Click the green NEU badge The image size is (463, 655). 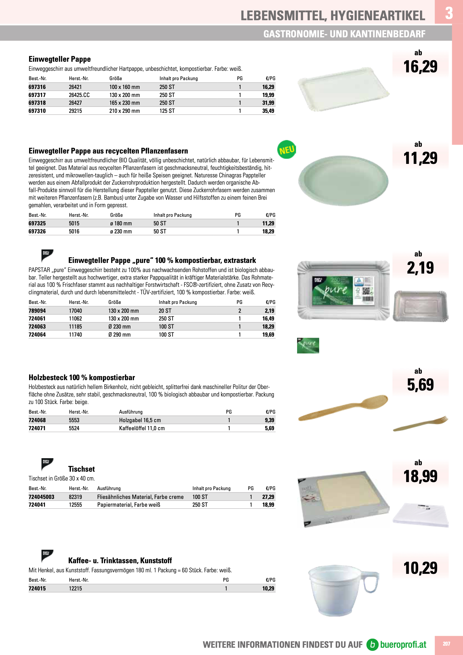tap(286, 149)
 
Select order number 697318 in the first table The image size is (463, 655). tap(37, 103)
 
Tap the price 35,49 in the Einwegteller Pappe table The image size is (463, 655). tap(268, 111)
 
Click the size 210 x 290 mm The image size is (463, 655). tap(124, 111)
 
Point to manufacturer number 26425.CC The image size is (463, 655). tap(79, 95)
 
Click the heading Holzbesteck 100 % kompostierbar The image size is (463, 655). tap(82, 378)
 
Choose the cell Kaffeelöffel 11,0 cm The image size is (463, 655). tap(142, 428)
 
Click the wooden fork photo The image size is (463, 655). tap(420, 423)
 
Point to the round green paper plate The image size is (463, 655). tap(343, 180)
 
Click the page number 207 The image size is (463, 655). tap(446, 644)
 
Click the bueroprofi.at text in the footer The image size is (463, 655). tap(403, 644)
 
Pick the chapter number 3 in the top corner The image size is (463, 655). tap(449, 13)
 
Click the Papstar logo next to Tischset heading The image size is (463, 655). tap(47, 464)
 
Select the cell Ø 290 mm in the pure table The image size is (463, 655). tap(119, 335)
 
